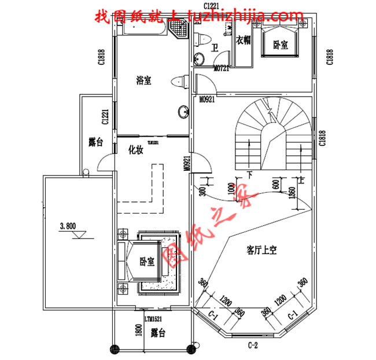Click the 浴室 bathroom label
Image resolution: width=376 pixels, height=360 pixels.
(143, 80)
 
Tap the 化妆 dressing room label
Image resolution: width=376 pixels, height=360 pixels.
(136, 150)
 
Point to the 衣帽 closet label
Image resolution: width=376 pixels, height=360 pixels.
(244, 40)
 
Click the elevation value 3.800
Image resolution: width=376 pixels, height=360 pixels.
(67, 226)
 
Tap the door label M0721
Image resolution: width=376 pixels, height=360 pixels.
(222, 68)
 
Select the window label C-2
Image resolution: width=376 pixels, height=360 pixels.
(252, 346)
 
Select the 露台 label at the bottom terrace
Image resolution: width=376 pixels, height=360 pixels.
(157, 333)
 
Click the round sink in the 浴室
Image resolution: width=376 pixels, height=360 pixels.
(185, 111)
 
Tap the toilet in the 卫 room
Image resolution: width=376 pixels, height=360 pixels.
(201, 39)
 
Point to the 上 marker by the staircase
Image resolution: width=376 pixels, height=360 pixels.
(301, 174)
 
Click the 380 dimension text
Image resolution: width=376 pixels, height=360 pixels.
(203, 190)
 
